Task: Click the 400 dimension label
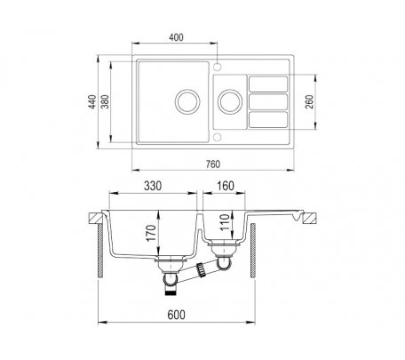(x=176, y=37)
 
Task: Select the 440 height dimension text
(x=92, y=101)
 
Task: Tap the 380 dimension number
(x=105, y=101)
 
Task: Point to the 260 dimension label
(x=309, y=101)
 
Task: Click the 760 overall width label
(x=213, y=164)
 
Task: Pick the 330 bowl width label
(x=153, y=186)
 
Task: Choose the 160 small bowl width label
(x=226, y=186)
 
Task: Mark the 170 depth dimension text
(x=151, y=233)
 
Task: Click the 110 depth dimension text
(x=225, y=222)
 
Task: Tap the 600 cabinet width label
(x=176, y=315)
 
